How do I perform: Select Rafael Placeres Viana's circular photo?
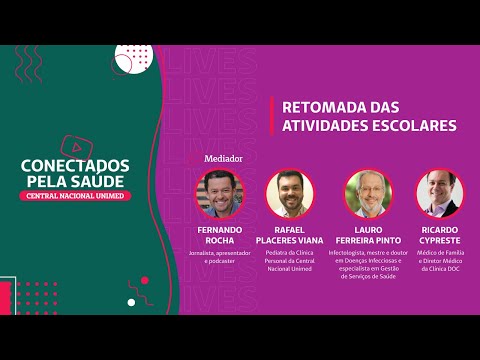click(x=292, y=193)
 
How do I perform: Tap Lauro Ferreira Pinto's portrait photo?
click(x=368, y=193)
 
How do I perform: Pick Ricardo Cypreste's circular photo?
click(x=440, y=193)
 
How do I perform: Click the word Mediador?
click(x=223, y=158)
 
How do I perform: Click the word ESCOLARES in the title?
click(x=411, y=126)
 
